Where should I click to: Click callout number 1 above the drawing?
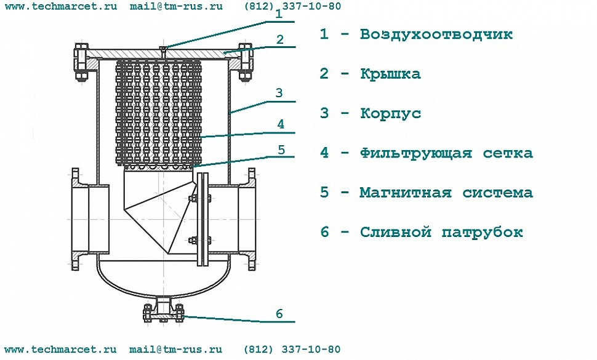pos(279,14)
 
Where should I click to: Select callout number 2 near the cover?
pos(280,39)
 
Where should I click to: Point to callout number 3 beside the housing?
pos(279,93)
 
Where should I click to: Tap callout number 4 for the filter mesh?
pos(281,124)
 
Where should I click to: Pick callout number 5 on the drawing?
pos(281,150)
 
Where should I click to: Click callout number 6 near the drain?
pos(279,314)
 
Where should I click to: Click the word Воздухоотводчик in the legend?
pos(436,34)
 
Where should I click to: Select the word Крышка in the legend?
pos(390,73)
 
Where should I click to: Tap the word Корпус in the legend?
pos(390,114)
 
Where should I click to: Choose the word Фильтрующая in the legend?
pos(416,153)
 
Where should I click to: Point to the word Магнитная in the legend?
pos(406,192)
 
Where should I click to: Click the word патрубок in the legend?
pos(483,232)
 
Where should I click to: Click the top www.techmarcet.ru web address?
pos(61,7)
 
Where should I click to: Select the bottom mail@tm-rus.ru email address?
pos(175,350)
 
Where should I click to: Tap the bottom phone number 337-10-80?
pos(311,350)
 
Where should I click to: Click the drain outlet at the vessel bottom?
pos(164,309)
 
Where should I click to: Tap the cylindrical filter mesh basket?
pos(158,113)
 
